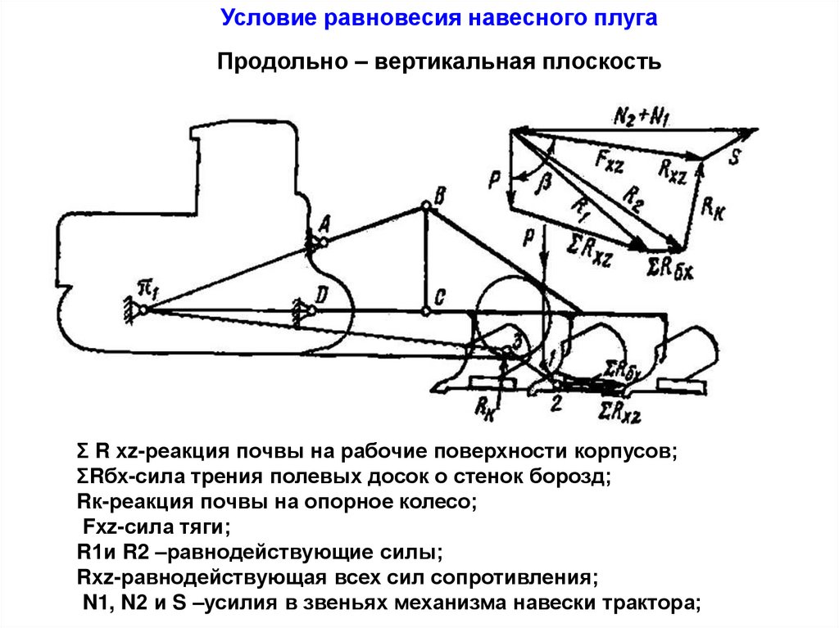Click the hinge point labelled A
(x=324, y=242)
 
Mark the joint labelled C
(x=425, y=311)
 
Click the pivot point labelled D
(x=311, y=310)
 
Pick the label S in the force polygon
(x=734, y=157)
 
